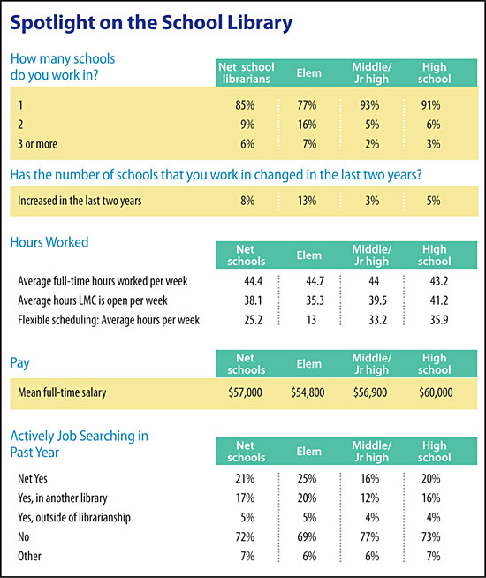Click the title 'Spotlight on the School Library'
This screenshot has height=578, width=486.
[x=151, y=21]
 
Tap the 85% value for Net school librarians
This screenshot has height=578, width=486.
[x=246, y=104]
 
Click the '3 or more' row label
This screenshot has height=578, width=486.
[x=42, y=143]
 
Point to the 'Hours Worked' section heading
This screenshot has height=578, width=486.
[x=49, y=242]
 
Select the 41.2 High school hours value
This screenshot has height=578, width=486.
[x=433, y=300]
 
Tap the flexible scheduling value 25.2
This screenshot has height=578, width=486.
[x=246, y=320]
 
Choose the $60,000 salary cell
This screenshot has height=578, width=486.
[x=433, y=392]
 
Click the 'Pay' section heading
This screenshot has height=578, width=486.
[x=20, y=362]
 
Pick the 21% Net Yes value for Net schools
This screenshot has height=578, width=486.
[x=246, y=478]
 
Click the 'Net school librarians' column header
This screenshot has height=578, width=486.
[x=246, y=72]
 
